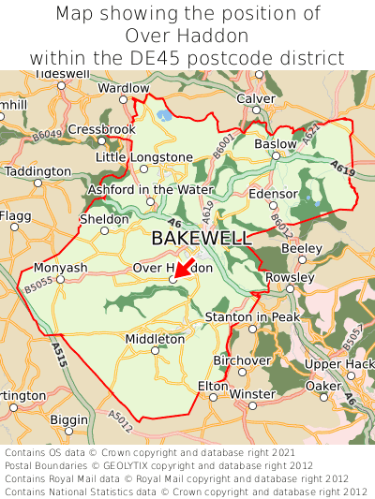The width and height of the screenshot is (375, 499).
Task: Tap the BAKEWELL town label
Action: tap(202, 238)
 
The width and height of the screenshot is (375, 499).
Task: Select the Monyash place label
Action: tap(60, 267)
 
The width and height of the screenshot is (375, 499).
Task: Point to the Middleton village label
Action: tap(155, 338)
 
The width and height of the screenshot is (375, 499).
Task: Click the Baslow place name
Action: tap(275, 144)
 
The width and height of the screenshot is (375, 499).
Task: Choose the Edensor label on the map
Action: tap(273, 194)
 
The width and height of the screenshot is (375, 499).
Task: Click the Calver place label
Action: tap(256, 98)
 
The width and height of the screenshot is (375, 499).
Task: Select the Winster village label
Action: tap(253, 394)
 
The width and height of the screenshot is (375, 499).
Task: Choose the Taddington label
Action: tap(37, 172)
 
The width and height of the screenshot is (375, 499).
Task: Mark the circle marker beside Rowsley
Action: tap(290, 289)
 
